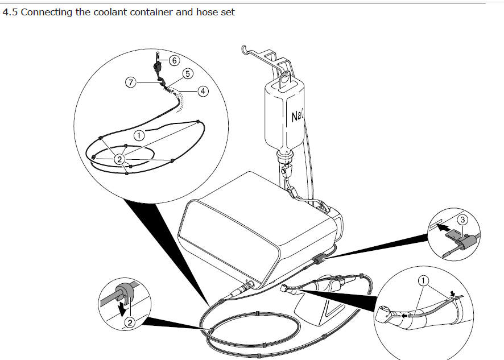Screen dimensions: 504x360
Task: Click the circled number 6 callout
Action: pos(174,60)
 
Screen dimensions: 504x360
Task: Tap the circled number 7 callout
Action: pos(130,82)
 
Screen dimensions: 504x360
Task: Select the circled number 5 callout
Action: pos(188,73)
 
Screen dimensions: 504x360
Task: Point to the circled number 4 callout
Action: pos(203,92)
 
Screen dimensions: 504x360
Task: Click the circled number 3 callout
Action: pos(462,220)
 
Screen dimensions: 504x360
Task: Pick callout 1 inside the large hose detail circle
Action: pos(139,136)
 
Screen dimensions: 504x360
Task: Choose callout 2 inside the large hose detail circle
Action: pos(119,159)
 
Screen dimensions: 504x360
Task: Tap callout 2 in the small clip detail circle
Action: pos(130,322)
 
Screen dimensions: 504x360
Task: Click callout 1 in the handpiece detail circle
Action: pos(423,282)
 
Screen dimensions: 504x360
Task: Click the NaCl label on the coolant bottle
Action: pos(297,116)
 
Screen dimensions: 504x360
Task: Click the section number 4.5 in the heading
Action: pos(10,12)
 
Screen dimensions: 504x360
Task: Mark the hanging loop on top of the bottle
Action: pos(285,77)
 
